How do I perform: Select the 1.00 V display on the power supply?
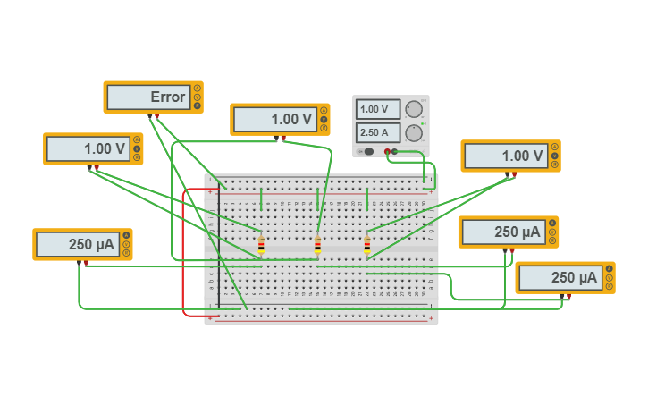click(x=378, y=110)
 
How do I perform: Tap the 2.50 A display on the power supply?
click(x=378, y=133)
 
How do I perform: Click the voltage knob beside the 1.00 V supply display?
click(x=413, y=109)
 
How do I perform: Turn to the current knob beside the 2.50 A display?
click(x=413, y=133)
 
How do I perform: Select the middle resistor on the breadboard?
click(x=317, y=245)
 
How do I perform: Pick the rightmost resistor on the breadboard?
click(x=366, y=245)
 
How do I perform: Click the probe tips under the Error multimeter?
click(x=153, y=115)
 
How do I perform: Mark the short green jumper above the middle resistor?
click(x=317, y=198)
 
